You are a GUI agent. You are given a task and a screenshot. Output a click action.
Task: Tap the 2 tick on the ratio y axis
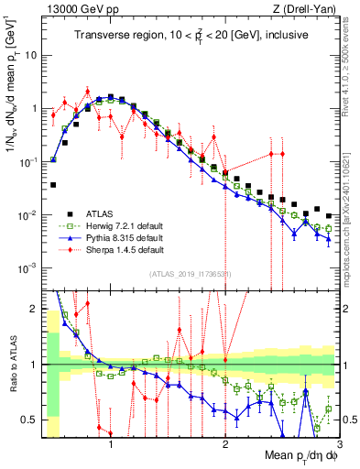(36, 308)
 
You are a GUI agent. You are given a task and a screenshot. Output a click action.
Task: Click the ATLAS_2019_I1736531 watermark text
(190, 274)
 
